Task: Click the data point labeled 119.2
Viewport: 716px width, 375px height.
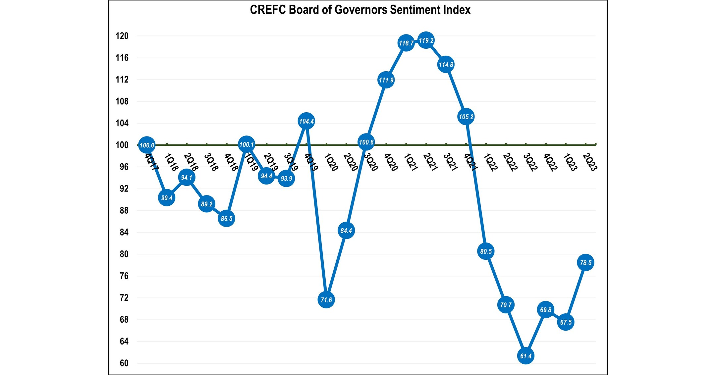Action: [426, 40]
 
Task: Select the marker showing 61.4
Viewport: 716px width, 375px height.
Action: [526, 356]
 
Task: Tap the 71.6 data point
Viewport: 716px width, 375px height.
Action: [326, 299]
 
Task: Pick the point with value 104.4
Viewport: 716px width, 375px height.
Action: [306, 121]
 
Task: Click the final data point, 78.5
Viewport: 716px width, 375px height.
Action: [585, 263]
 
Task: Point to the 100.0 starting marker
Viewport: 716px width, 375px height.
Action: [147, 145]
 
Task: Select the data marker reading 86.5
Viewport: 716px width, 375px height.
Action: [227, 219]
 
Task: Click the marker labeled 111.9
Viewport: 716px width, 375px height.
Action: [386, 80]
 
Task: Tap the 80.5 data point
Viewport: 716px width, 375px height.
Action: [486, 251]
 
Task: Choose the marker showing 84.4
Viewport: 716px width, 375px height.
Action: [346, 231]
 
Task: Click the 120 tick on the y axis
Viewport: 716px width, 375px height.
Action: [122, 36]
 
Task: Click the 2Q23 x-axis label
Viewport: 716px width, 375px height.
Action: [590, 162]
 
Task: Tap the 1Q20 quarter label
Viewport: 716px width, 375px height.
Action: [331, 162]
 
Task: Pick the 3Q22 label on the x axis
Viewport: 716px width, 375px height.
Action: [530, 162]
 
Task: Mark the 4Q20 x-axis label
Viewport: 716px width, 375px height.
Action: [391, 162]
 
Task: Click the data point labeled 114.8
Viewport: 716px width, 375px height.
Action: [446, 65]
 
